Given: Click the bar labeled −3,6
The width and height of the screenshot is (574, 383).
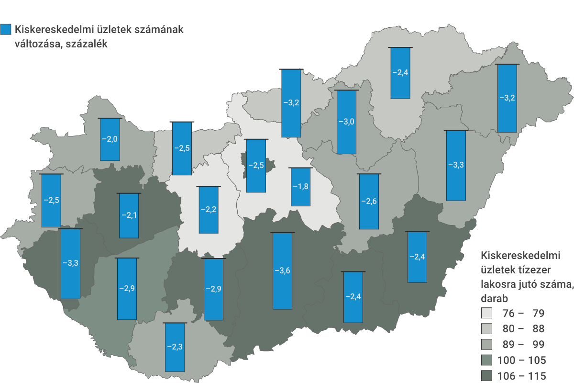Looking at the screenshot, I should [282, 270].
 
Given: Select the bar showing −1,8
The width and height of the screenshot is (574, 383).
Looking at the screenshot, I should [300, 187].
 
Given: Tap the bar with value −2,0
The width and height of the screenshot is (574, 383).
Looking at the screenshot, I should [110, 139].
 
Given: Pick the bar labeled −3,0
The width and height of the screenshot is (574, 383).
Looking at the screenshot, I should [347, 122].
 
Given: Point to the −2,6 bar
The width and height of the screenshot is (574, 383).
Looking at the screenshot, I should [368, 201].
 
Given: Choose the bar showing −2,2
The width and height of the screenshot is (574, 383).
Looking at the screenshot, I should [209, 210].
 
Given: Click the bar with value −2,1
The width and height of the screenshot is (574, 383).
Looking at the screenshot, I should [129, 215].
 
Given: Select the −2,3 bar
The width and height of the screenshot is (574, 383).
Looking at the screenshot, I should [175, 347].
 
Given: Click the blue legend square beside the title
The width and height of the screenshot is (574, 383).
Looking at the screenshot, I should [6, 30].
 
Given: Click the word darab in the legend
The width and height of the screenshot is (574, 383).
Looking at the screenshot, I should [495, 297].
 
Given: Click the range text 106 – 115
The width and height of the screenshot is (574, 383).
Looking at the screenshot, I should [522, 376].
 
